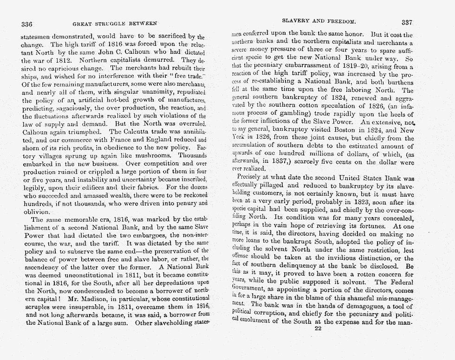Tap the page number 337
click(x=407, y=22)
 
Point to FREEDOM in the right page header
click(x=341, y=21)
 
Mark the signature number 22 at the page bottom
click(x=318, y=328)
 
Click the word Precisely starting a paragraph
click(x=253, y=178)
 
